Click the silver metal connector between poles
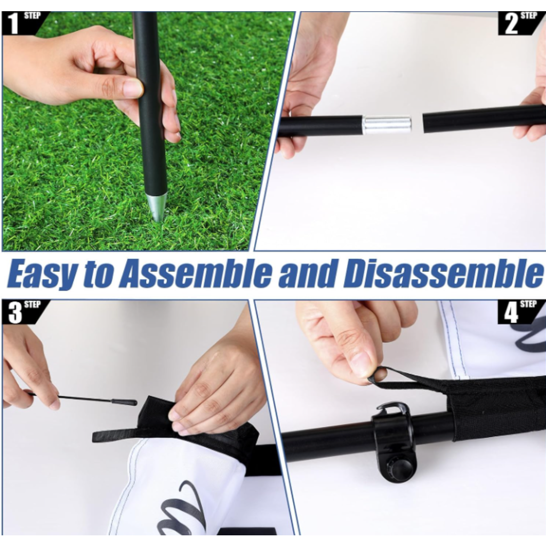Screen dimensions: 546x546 click(387, 125)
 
